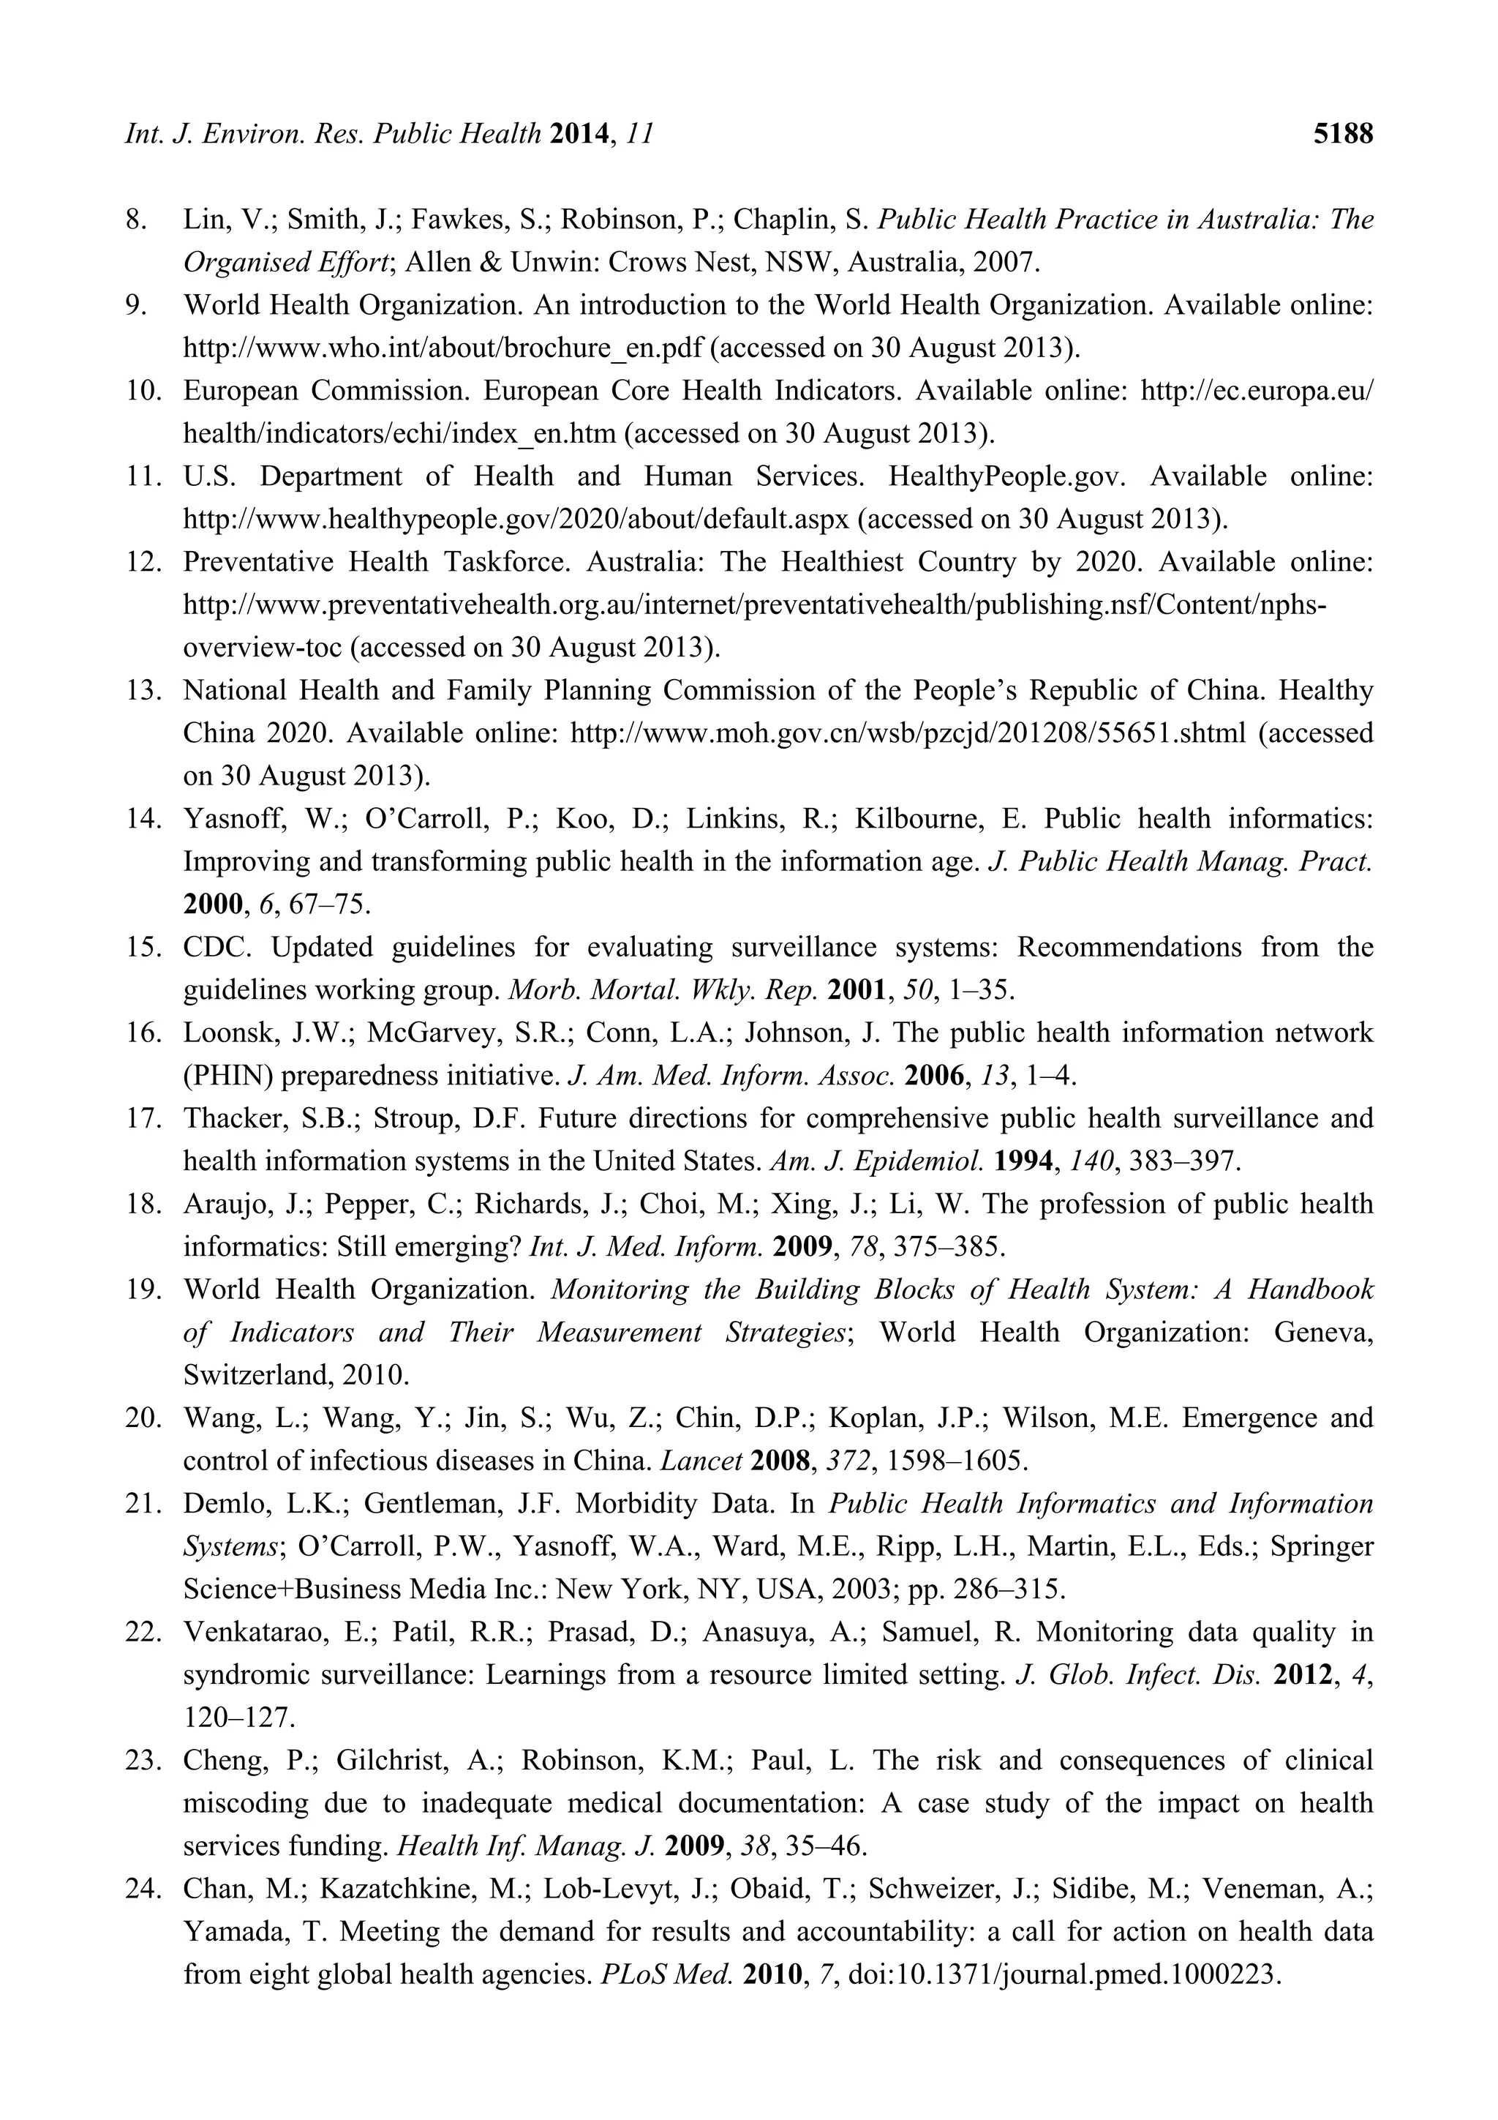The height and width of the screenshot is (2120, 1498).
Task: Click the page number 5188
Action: coord(1343,135)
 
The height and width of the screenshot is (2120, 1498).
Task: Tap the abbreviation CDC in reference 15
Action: coord(214,948)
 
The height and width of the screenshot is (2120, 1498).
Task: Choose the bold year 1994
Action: coord(1025,1161)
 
